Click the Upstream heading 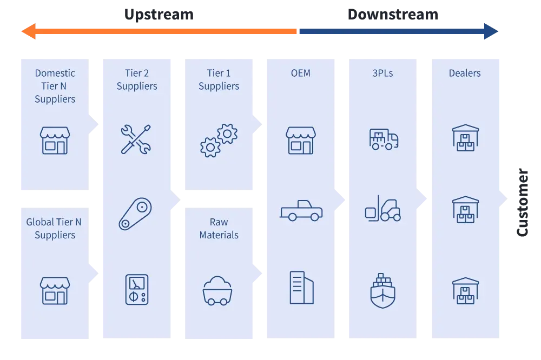[x=159, y=15]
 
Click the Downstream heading [x=393, y=15]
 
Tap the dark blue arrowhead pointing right [x=491, y=31]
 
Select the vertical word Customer [x=523, y=202]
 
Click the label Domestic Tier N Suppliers [x=55, y=86]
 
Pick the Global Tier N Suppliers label [x=54, y=228]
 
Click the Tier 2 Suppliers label [x=137, y=79]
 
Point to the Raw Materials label [x=219, y=228]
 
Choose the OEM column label [x=300, y=73]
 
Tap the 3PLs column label [x=382, y=73]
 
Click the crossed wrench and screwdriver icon [x=136, y=139]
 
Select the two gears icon [x=219, y=141]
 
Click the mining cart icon [x=217, y=291]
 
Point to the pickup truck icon [x=301, y=210]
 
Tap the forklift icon [x=383, y=208]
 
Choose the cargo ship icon [x=382, y=290]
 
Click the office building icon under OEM [x=301, y=288]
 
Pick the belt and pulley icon [x=135, y=214]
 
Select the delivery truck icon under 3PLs [x=384, y=139]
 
